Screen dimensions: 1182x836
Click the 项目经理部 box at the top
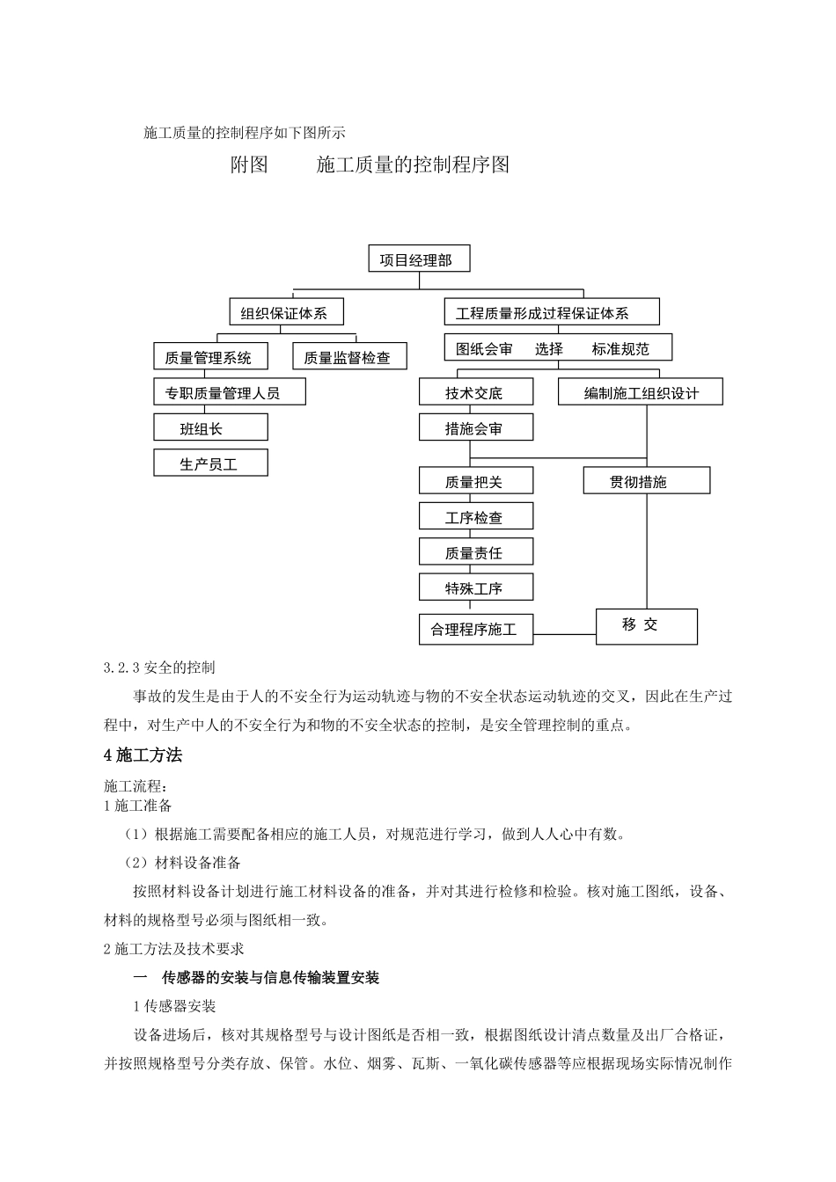[x=418, y=259]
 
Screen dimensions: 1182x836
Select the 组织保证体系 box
[x=285, y=312]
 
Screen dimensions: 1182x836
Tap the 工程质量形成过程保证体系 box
[x=552, y=312]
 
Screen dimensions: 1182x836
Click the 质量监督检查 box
[x=348, y=356]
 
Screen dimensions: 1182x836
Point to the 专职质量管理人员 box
[x=230, y=392]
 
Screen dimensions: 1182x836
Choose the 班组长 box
[x=210, y=428]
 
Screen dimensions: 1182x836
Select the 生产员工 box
[x=210, y=463]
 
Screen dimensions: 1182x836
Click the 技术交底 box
[x=476, y=392]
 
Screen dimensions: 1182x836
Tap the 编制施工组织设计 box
[x=641, y=392]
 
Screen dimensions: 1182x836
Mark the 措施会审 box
[x=476, y=428]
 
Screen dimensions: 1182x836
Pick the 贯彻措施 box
[x=646, y=481]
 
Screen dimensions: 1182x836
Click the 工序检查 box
[x=476, y=517]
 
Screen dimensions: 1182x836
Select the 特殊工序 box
[x=476, y=587]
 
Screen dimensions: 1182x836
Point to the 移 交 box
[x=647, y=626]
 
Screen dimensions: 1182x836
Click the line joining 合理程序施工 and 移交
[x=565, y=633]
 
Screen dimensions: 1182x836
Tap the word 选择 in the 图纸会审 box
[x=549, y=348]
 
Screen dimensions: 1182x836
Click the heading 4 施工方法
[x=143, y=755]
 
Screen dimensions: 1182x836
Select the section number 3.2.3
[x=121, y=668]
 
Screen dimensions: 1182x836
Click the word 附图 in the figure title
[x=250, y=164]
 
